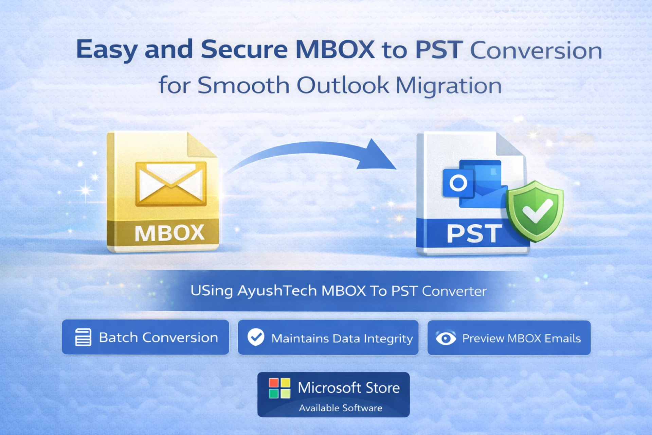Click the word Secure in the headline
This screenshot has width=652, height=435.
pos(244,50)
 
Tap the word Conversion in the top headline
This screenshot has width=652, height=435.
pos(536,51)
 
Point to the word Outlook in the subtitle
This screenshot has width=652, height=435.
pos(343,85)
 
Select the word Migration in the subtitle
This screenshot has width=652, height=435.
pos(449,86)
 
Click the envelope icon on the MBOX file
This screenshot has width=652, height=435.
pos(171,184)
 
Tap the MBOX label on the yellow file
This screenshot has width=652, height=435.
pos(169,233)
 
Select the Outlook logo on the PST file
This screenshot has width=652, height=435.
pos(475,184)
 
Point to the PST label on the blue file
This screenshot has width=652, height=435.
pos(474,233)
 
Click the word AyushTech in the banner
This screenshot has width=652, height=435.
pos(277,291)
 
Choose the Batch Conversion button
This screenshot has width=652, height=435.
pos(145,337)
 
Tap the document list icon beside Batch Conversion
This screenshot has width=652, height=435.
pos(83,337)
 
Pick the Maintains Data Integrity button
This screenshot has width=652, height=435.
pos(328,338)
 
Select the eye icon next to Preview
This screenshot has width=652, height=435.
pos(446,338)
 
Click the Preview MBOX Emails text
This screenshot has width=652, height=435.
pos(522,338)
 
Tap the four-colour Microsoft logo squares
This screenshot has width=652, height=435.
pos(279,388)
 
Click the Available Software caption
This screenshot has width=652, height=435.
pos(341,408)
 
